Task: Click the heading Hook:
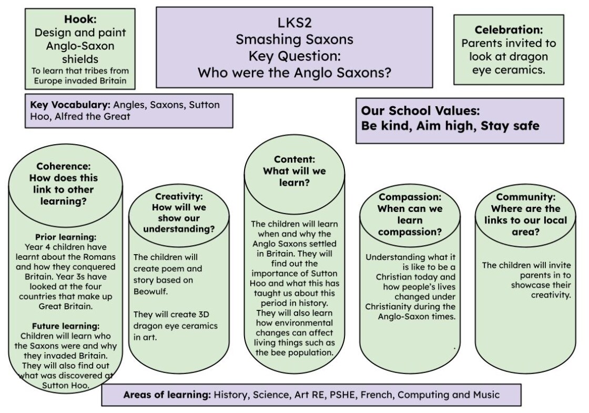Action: [80, 19]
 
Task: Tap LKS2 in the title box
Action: [294, 23]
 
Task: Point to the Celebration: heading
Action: [509, 29]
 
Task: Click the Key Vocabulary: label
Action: [70, 105]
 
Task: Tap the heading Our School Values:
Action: [420, 110]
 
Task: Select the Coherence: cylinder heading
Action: [64, 166]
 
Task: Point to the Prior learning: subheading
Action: [66, 237]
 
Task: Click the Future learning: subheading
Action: [66, 326]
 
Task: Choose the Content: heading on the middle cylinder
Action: [294, 159]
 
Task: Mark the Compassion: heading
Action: [410, 197]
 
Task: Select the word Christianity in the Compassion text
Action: [388, 307]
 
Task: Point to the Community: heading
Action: [525, 197]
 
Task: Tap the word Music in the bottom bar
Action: [486, 395]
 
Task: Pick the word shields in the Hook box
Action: [80, 59]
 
